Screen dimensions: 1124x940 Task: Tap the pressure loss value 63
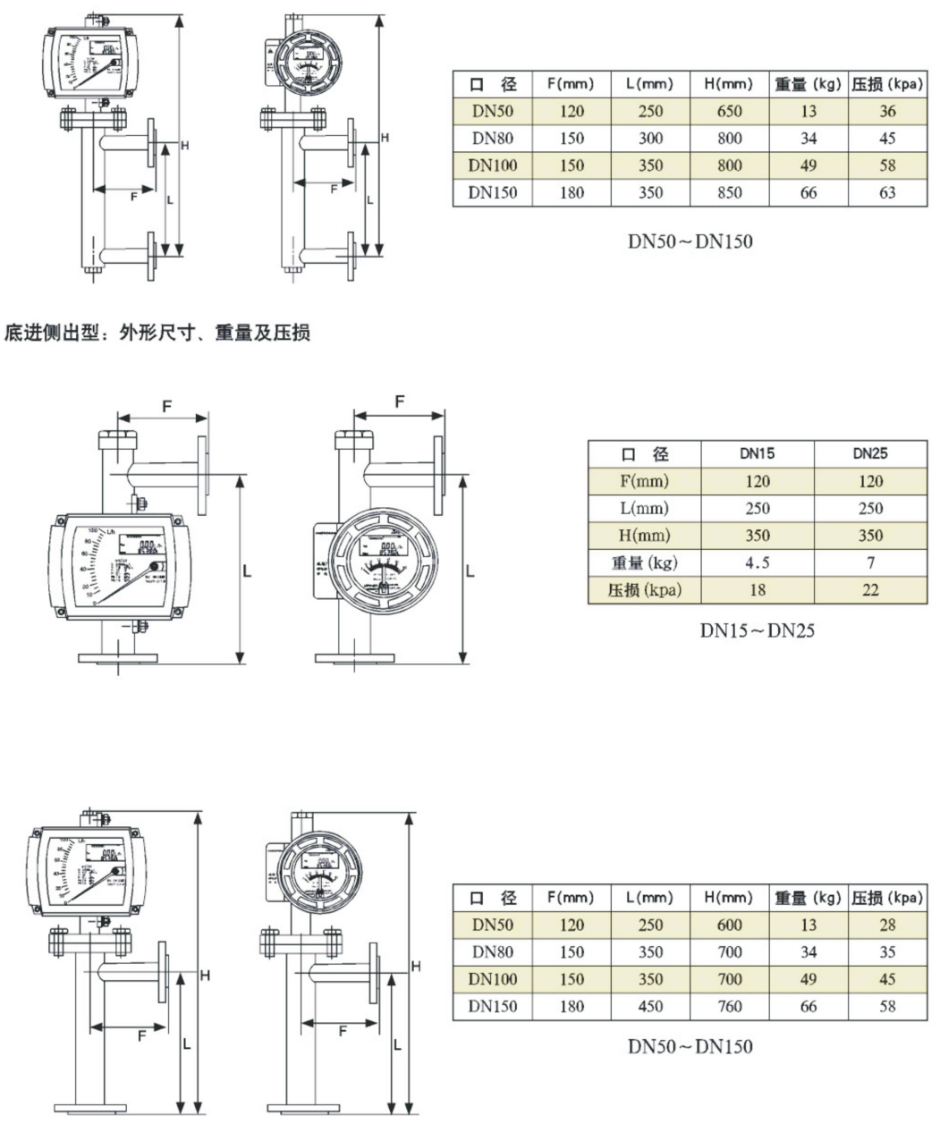pos(886,193)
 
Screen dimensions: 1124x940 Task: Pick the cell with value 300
pos(650,139)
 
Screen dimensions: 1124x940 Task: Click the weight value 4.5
pos(758,563)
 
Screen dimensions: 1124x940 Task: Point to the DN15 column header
pos(758,453)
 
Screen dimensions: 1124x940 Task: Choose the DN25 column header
pos(870,453)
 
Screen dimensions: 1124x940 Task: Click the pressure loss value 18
pos(758,590)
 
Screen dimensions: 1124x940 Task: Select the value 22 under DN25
pos(870,590)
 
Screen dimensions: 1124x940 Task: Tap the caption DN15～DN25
pos(758,631)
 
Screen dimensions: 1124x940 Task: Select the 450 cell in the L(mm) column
pos(650,1007)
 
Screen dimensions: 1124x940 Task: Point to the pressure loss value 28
pos(886,925)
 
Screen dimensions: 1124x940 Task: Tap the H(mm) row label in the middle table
pos(645,536)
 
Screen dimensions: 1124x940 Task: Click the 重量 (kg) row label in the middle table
pos(645,563)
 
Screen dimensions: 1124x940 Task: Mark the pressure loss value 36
pos(886,112)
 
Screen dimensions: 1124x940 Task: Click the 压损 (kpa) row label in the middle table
pos(645,590)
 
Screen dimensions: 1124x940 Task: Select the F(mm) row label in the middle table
pos(645,481)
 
